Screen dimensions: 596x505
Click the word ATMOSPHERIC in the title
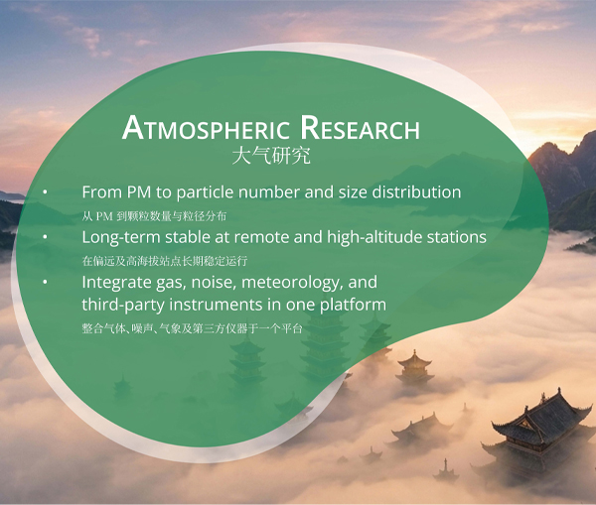click(206, 128)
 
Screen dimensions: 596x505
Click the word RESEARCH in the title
click(360, 128)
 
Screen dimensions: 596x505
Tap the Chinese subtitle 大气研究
click(271, 156)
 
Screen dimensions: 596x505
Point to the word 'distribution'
click(416, 192)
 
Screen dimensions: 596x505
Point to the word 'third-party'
click(123, 305)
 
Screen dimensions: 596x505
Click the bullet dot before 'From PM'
click(46, 192)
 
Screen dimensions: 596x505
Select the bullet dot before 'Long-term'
click(46, 237)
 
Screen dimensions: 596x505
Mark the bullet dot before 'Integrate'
click(46, 282)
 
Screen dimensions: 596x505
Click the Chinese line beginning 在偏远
click(165, 261)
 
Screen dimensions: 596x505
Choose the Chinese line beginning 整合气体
click(192, 328)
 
